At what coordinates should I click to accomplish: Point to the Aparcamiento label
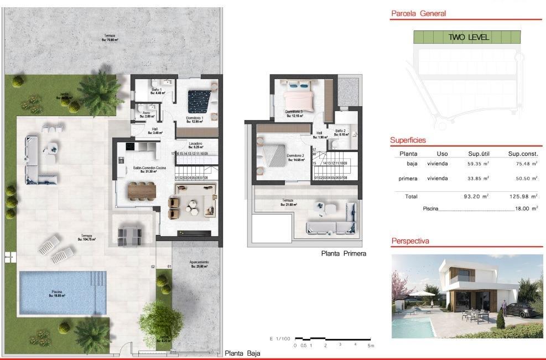(x=199, y=264)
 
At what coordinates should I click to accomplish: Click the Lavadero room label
(x=195, y=145)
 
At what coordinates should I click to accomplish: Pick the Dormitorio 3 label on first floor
(x=294, y=113)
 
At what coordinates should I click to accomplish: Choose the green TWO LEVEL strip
(x=467, y=38)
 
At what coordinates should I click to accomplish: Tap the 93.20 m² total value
(x=476, y=196)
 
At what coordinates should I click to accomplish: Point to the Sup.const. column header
(x=523, y=154)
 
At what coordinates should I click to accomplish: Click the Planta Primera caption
(x=344, y=254)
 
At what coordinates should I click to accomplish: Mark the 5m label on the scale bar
(x=371, y=346)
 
